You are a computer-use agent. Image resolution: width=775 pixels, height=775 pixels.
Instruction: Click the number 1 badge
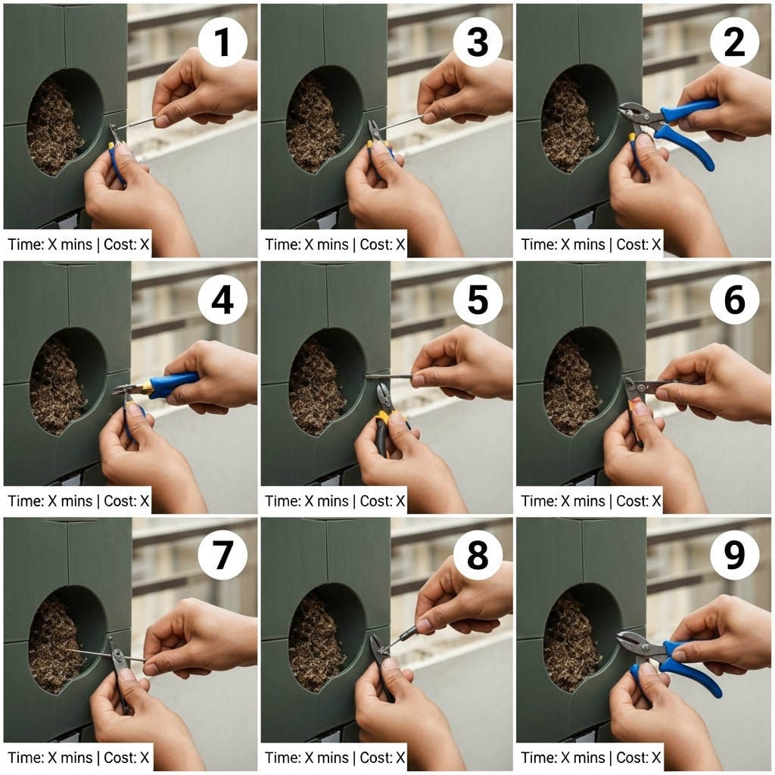222,43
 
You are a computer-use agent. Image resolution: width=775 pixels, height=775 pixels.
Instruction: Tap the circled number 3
478,43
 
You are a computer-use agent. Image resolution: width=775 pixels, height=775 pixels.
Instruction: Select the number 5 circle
478,300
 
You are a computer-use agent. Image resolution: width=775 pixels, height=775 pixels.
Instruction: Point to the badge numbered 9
734,556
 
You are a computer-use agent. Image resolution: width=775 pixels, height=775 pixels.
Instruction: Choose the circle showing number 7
222,556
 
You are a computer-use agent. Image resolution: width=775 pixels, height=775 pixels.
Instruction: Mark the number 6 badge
734,300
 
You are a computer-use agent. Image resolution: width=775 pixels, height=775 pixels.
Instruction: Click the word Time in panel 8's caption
279,757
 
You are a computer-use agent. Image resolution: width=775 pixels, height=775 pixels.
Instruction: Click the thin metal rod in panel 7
91,652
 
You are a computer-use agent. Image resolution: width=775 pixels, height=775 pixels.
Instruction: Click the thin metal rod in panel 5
390,375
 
